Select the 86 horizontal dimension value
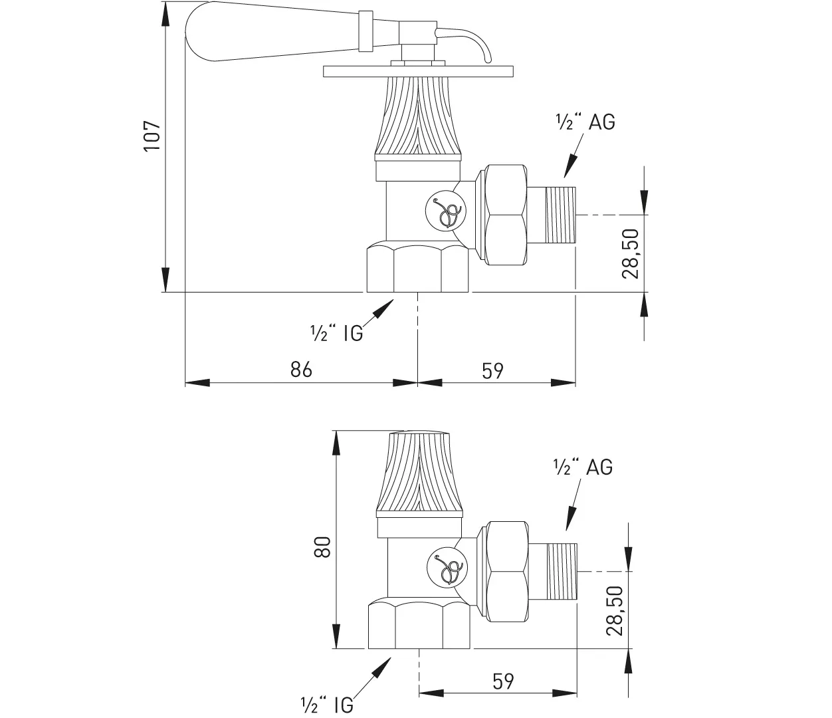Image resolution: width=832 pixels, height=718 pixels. [301, 369]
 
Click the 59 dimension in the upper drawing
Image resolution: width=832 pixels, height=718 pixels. [492, 370]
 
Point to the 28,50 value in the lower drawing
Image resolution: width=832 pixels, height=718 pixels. [615, 610]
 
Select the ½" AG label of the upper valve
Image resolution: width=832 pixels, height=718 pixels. [585, 122]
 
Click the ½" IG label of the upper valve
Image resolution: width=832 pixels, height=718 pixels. [336, 333]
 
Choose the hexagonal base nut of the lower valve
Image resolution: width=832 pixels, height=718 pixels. [419, 624]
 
